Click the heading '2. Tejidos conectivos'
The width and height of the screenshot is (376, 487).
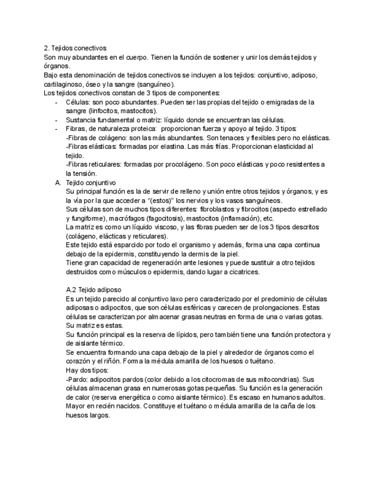coord(75,48)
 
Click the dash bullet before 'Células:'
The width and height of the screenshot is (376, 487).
coord(56,102)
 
